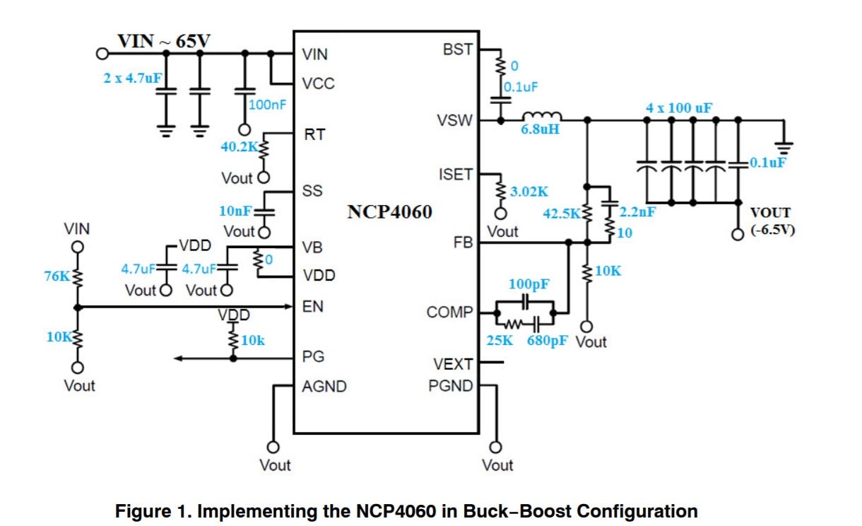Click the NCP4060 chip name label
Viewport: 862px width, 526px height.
click(x=389, y=212)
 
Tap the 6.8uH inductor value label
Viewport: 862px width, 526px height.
click(x=541, y=131)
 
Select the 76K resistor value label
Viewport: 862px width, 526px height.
click(x=57, y=276)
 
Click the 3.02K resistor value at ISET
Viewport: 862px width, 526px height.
click(x=529, y=191)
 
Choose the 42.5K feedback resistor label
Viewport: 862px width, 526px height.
click(x=561, y=212)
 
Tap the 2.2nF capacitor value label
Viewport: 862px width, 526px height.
click(x=635, y=211)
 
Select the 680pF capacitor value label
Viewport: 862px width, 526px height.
click(x=548, y=341)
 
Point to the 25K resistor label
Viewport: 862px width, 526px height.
click(x=501, y=341)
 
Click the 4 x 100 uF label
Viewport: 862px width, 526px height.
click(x=679, y=108)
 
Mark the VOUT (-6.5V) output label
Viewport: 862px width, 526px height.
click(x=771, y=221)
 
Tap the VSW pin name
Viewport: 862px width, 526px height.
click(x=455, y=120)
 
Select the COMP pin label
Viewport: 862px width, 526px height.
click(x=450, y=312)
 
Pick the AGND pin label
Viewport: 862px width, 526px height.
click(x=324, y=387)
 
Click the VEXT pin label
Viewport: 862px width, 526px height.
click(x=453, y=364)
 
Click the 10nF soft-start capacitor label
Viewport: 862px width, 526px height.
click(x=236, y=211)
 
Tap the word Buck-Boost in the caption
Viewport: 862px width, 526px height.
click(x=522, y=510)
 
